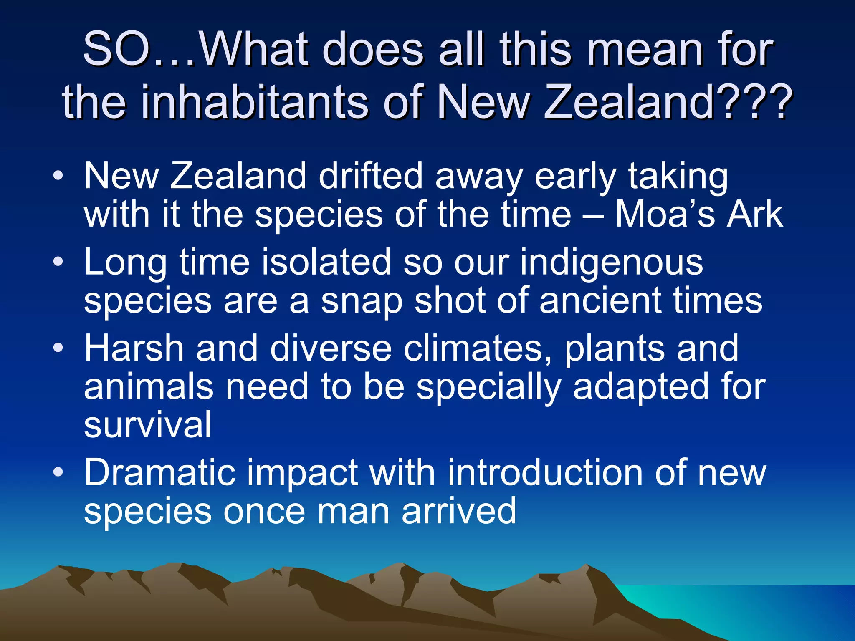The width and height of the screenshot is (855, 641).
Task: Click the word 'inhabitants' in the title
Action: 255,101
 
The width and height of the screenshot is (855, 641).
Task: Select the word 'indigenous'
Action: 612,263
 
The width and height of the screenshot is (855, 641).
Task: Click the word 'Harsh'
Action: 134,348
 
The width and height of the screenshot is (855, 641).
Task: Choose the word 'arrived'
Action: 459,511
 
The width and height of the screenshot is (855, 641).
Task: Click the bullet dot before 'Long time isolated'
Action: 58,262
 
